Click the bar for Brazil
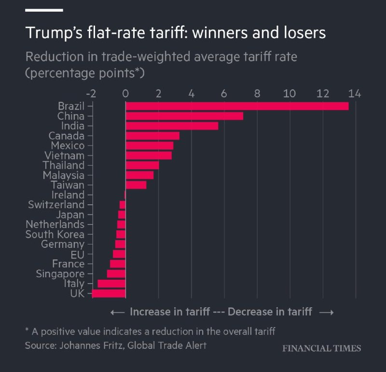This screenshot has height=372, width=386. click(x=236, y=106)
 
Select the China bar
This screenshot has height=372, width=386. click(x=184, y=116)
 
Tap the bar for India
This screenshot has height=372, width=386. click(x=172, y=126)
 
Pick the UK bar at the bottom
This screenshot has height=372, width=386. click(x=109, y=293)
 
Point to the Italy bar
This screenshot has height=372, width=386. click(x=111, y=284)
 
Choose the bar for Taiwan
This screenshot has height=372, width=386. click(x=136, y=185)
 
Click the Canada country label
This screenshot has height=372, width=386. click(x=67, y=136)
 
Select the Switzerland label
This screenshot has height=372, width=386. click(x=56, y=205)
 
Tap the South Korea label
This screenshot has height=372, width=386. click(x=55, y=234)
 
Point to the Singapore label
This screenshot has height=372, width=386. click(x=60, y=274)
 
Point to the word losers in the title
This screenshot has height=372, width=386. click(x=302, y=33)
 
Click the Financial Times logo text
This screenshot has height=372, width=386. click(x=321, y=348)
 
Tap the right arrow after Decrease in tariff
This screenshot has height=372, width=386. click(x=326, y=312)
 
